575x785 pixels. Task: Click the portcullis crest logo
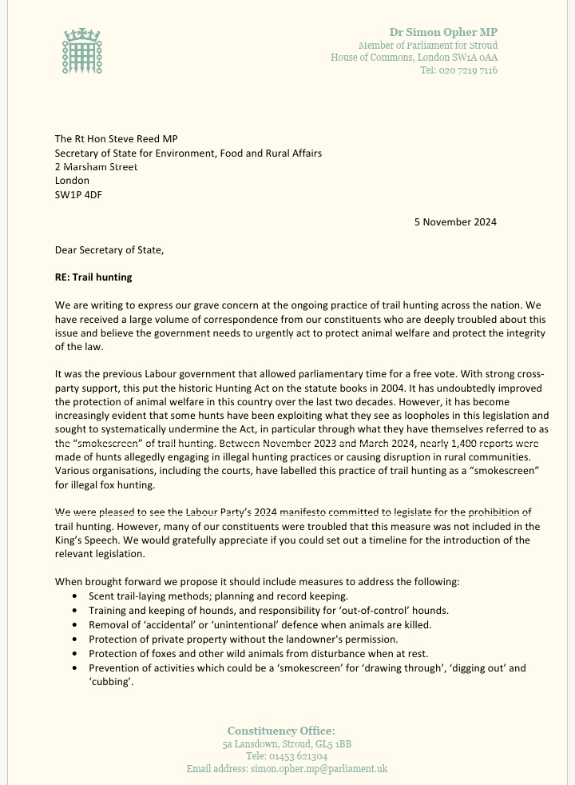point(84,51)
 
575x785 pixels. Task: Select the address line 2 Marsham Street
point(96,167)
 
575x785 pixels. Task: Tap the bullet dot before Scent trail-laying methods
point(74,596)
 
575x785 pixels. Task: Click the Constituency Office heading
point(281,731)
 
